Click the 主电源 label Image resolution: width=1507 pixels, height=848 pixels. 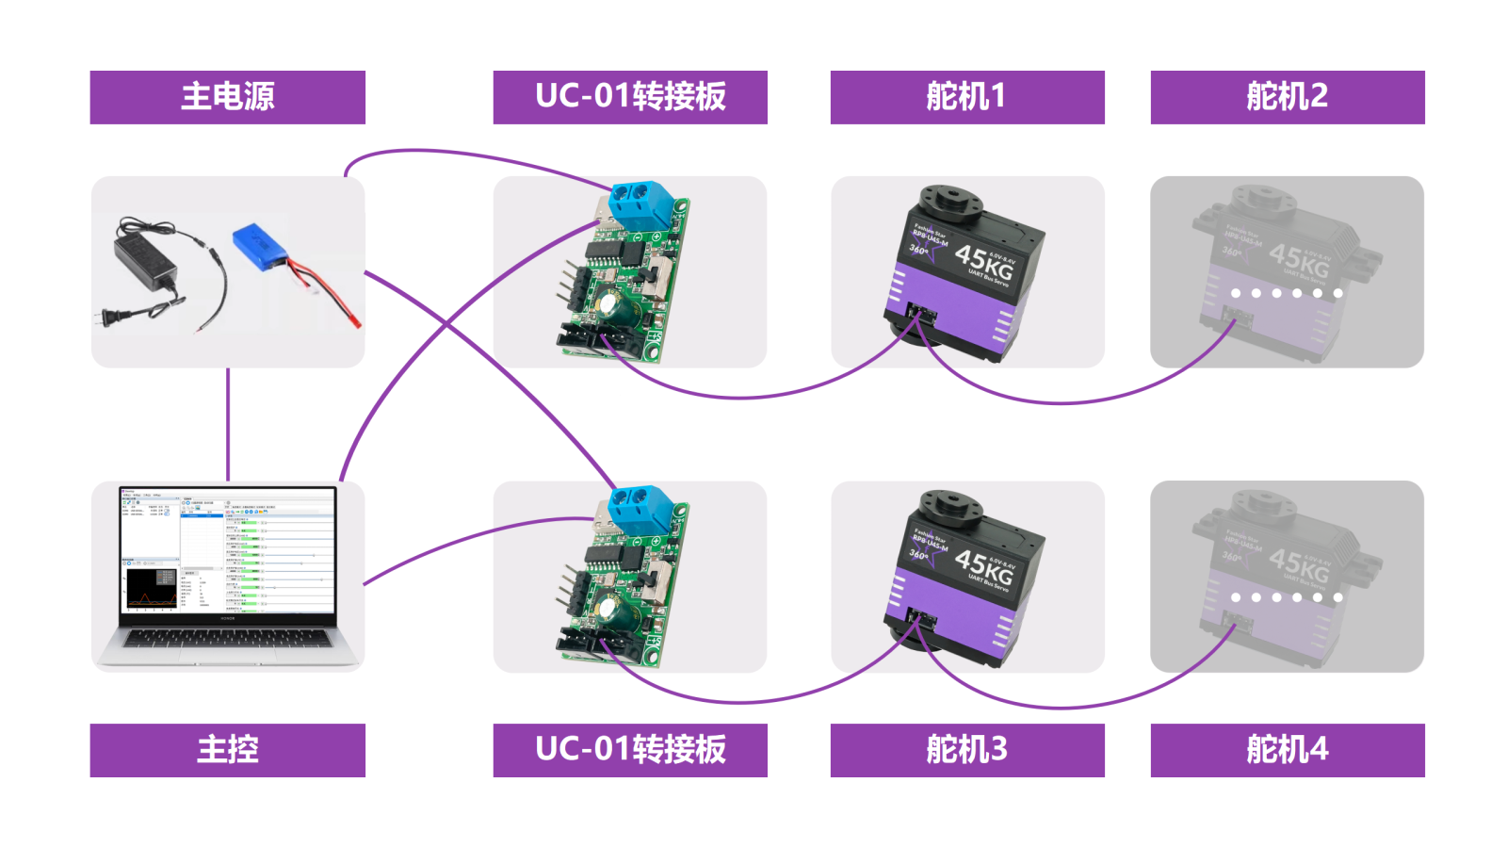pyautogui.click(x=227, y=97)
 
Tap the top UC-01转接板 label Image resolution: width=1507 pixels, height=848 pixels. pyautogui.click(x=630, y=97)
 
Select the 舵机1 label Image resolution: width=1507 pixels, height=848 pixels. pyautogui.click(x=966, y=97)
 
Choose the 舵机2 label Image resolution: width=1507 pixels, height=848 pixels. pyautogui.click(x=1287, y=97)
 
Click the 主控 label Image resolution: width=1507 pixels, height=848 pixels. pyautogui.click(x=227, y=750)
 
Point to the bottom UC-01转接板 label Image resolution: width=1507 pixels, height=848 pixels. pyautogui.click(x=630, y=750)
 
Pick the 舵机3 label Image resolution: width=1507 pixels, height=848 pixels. pyautogui.click(x=966, y=750)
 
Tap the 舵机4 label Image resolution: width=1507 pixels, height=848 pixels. pyautogui.click(x=1287, y=750)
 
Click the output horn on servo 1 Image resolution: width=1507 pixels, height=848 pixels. pyautogui.click(x=950, y=199)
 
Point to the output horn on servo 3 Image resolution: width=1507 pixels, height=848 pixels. pyautogui.click(x=950, y=504)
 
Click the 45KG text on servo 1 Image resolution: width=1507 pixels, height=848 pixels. pyautogui.click(x=984, y=262)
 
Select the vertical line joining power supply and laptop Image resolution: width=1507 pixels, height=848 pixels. pyautogui.click(x=228, y=424)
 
